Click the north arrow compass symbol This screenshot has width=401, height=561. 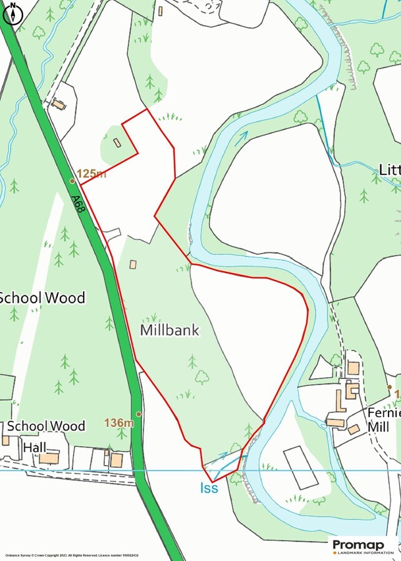pos(12,13)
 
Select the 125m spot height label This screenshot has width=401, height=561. pos(91,173)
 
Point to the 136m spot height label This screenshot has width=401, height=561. pos(119,423)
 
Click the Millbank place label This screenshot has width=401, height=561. pos(170,330)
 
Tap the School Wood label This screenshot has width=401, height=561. pos(42,297)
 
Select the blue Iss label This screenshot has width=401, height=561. pos(209,487)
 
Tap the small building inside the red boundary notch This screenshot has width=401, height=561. pos(117,143)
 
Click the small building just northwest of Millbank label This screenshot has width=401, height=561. pos(133,264)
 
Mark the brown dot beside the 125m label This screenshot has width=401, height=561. pos(72,181)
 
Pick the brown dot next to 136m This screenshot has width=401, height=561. pos(138,413)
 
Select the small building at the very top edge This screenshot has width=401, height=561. pos(160,11)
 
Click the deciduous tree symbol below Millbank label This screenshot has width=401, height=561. pos(201,376)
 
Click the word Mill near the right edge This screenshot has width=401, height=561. pos(378,427)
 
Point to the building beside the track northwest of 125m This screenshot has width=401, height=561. pos(59,104)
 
